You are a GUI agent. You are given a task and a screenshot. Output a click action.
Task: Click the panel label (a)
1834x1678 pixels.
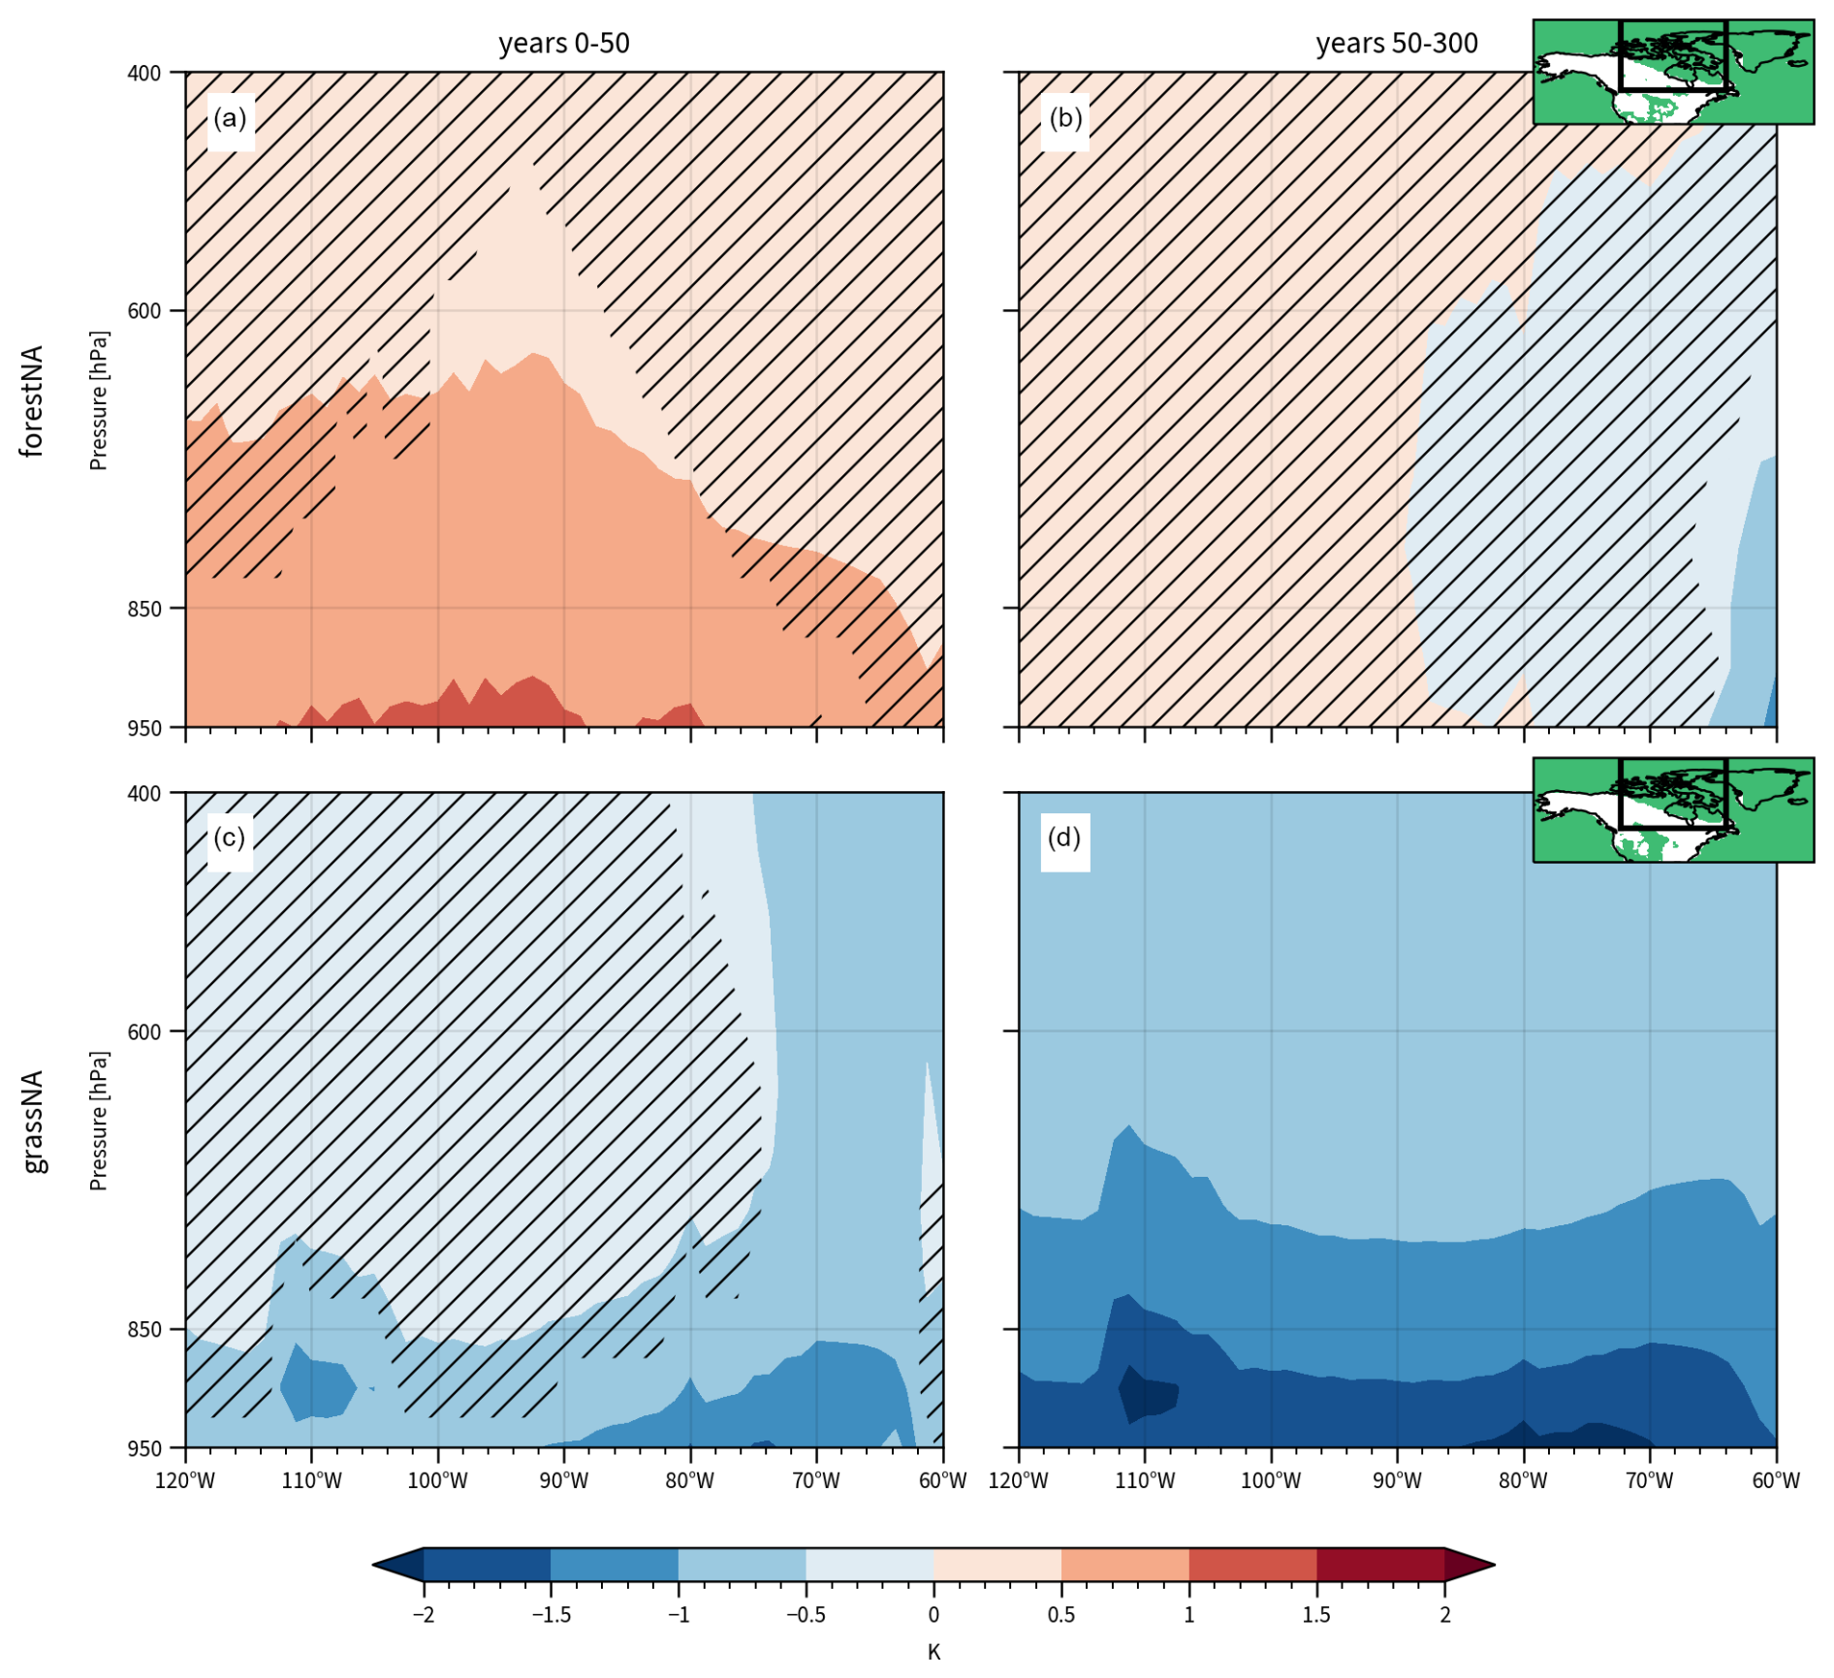(x=230, y=119)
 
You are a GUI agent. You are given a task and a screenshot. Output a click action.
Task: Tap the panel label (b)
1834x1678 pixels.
(x=1064, y=119)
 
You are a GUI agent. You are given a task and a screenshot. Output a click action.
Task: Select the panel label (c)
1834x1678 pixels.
(x=230, y=839)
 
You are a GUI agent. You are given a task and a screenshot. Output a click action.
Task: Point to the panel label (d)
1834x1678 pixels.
(x=1064, y=839)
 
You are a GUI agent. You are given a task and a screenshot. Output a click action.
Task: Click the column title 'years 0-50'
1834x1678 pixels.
(x=563, y=44)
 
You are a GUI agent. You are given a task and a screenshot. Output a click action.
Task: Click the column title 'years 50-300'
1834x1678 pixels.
(x=1396, y=44)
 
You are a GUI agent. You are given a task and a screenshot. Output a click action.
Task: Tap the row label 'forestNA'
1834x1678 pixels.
(x=33, y=400)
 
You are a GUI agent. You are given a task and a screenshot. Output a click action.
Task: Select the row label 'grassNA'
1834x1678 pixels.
(x=33, y=1122)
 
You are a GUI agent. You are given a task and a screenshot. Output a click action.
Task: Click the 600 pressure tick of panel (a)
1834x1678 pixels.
(x=144, y=311)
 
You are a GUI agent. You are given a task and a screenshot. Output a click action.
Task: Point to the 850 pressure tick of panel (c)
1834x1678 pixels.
(x=144, y=1329)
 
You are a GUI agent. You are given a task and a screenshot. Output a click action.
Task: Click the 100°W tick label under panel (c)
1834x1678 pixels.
(x=437, y=1480)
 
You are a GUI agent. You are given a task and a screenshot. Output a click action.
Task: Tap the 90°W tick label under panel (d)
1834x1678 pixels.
(x=1397, y=1480)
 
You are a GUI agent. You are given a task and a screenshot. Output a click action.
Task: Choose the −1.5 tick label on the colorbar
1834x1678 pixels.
(x=551, y=1615)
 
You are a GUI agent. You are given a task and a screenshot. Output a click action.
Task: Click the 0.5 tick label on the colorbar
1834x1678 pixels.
(x=1061, y=1615)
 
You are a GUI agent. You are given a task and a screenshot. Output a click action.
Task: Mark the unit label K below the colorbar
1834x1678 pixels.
(x=933, y=1652)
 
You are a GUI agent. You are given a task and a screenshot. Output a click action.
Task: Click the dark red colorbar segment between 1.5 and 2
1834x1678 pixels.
(x=1380, y=1565)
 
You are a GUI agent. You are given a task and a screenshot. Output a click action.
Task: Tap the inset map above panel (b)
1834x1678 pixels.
(x=1672, y=73)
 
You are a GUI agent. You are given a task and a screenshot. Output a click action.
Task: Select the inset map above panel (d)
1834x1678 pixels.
(x=1672, y=810)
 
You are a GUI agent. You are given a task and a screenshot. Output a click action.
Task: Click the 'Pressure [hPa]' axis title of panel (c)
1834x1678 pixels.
(x=98, y=1122)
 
